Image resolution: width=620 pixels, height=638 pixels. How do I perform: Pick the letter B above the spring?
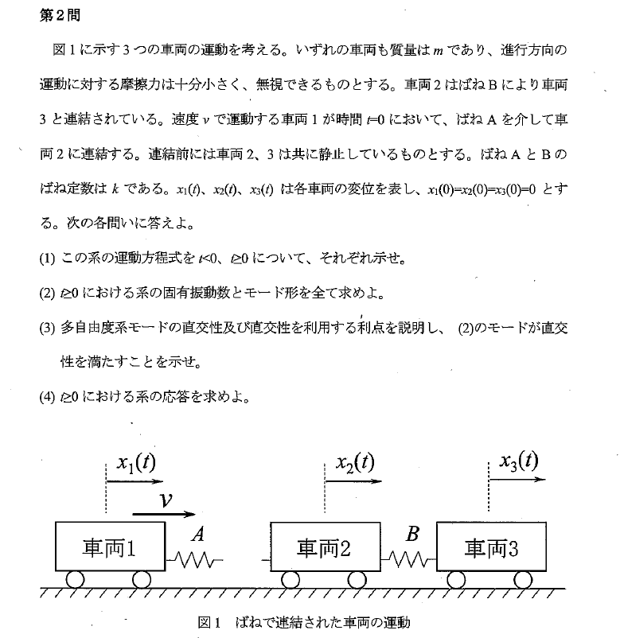point(411,534)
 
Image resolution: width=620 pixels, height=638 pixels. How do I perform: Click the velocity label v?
point(166,499)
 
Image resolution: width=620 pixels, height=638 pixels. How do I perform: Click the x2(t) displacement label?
point(354,462)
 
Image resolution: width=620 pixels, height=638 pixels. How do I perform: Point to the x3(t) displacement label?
point(519,461)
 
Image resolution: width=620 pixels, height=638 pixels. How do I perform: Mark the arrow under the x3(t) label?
point(517,480)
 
